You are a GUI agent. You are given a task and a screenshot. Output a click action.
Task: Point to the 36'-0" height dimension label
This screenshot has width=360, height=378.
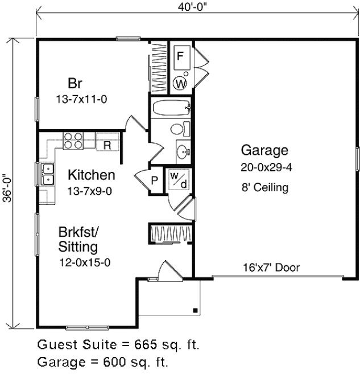6,184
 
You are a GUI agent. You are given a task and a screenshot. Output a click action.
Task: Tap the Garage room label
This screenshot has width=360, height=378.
264,151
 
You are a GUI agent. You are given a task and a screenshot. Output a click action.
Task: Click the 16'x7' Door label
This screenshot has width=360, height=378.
272,268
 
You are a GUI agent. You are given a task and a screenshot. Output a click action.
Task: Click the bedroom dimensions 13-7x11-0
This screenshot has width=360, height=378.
82,98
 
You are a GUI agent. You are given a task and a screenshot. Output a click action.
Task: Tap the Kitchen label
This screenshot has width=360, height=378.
91,175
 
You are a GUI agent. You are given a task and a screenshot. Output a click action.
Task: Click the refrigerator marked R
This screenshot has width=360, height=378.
107,144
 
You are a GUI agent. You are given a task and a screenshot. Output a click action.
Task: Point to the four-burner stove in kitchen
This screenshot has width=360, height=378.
72,140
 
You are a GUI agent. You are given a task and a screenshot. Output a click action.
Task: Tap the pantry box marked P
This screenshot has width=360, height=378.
154,181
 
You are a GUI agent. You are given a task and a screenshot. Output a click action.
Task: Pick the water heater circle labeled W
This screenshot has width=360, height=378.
180,84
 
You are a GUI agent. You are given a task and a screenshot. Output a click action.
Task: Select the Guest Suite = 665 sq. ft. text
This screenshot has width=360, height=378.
118,345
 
